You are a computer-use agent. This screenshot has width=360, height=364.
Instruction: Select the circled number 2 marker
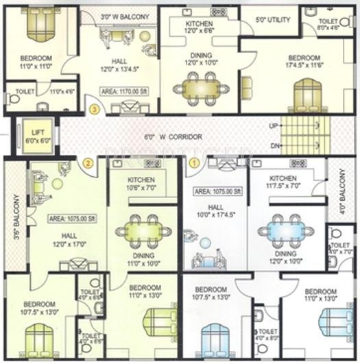click(x=87, y=163)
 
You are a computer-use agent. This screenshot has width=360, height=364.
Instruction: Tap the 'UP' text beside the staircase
click(x=273, y=126)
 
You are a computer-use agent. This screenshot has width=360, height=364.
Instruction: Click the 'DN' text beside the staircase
click(x=273, y=145)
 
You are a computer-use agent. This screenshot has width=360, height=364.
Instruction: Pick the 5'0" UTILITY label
click(x=272, y=19)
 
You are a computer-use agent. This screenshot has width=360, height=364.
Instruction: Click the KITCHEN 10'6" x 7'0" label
click(x=143, y=183)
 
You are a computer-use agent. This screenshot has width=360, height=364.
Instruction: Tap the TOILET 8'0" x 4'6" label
click(x=328, y=25)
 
